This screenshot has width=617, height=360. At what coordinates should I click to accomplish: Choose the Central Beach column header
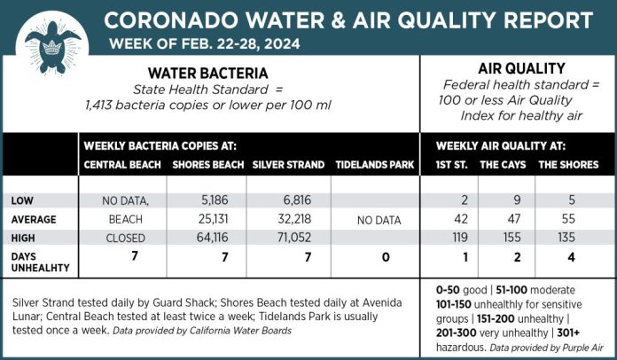tap(122, 164)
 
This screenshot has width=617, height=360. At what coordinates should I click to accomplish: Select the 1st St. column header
tap(453, 164)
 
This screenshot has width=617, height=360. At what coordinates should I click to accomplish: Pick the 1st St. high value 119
tap(452, 238)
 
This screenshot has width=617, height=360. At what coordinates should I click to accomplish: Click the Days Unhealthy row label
tap(32, 262)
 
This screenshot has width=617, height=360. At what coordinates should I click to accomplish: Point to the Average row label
tap(35, 219)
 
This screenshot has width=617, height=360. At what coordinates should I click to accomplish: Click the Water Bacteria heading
tap(207, 73)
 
